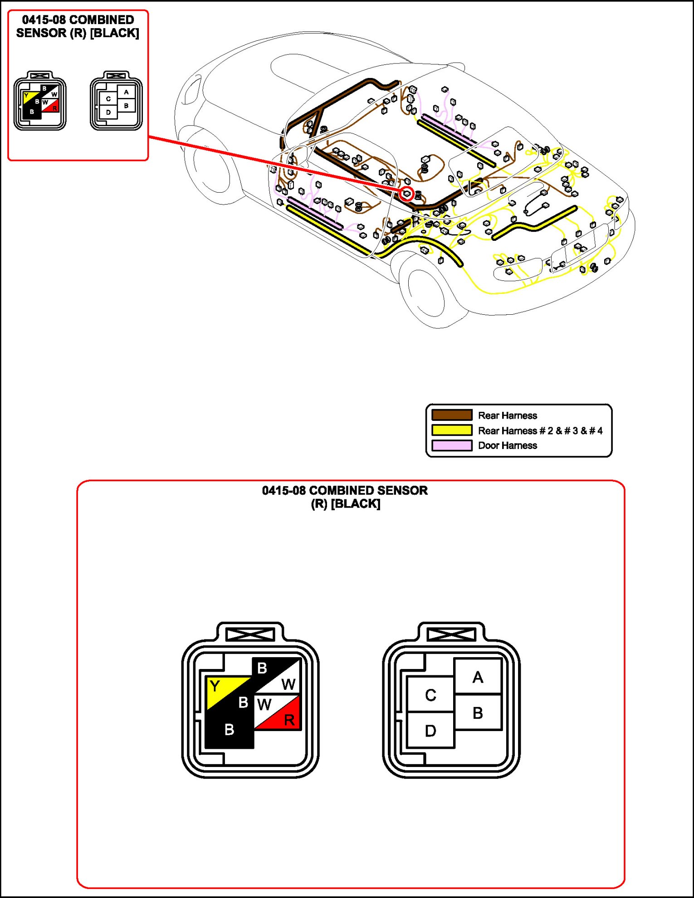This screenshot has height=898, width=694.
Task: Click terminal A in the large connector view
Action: click(x=478, y=677)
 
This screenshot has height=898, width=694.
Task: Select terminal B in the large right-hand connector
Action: click(x=478, y=713)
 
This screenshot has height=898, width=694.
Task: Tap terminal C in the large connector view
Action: click(x=430, y=694)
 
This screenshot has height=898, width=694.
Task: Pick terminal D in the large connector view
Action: click(x=430, y=730)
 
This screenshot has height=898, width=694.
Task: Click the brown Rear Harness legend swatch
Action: click(x=452, y=415)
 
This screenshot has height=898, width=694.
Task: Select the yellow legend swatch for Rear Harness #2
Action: click(x=452, y=430)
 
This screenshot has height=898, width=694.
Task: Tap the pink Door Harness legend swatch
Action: click(x=452, y=445)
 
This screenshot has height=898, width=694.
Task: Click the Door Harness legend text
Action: click(x=508, y=445)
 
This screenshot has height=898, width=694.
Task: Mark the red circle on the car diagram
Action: click(x=406, y=194)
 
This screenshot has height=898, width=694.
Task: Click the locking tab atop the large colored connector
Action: click(x=250, y=634)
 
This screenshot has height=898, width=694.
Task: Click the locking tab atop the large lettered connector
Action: click(x=451, y=634)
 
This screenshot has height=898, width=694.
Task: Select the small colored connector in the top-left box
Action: click(x=40, y=101)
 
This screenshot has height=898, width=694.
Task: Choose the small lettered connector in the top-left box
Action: click(x=116, y=101)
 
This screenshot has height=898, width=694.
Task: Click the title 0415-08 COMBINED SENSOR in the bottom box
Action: click(x=345, y=491)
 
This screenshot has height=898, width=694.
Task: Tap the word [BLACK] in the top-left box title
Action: click(x=115, y=33)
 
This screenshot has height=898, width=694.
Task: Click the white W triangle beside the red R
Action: click(x=268, y=705)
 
